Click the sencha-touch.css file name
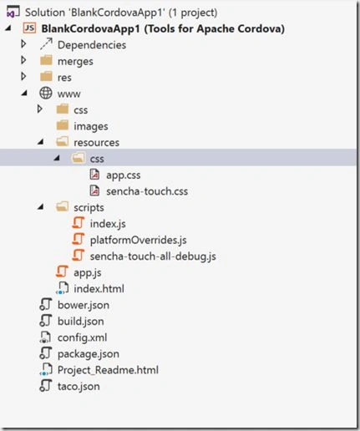click(147, 191)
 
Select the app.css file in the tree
click(124, 175)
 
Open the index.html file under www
click(99, 289)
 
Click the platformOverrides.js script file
click(139, 240)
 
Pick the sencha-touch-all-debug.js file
click(153, 256)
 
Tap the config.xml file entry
click(82, 337)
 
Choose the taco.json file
click(79, 387)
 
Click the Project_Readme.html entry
click(108, 370)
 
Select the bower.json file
click(84, 305)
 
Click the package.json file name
click(89, 354)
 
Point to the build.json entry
click(81, 322)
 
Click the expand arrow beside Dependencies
click(23, 44)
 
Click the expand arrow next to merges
click(23, 60)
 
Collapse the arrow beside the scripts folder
click(41, 207)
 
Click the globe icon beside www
click(46, 93)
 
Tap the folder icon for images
click(63, 125)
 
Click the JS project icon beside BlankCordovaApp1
click(29, 28)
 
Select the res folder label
click(64, 78)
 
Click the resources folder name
click(96, 143)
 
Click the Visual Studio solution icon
click(13, 12)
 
